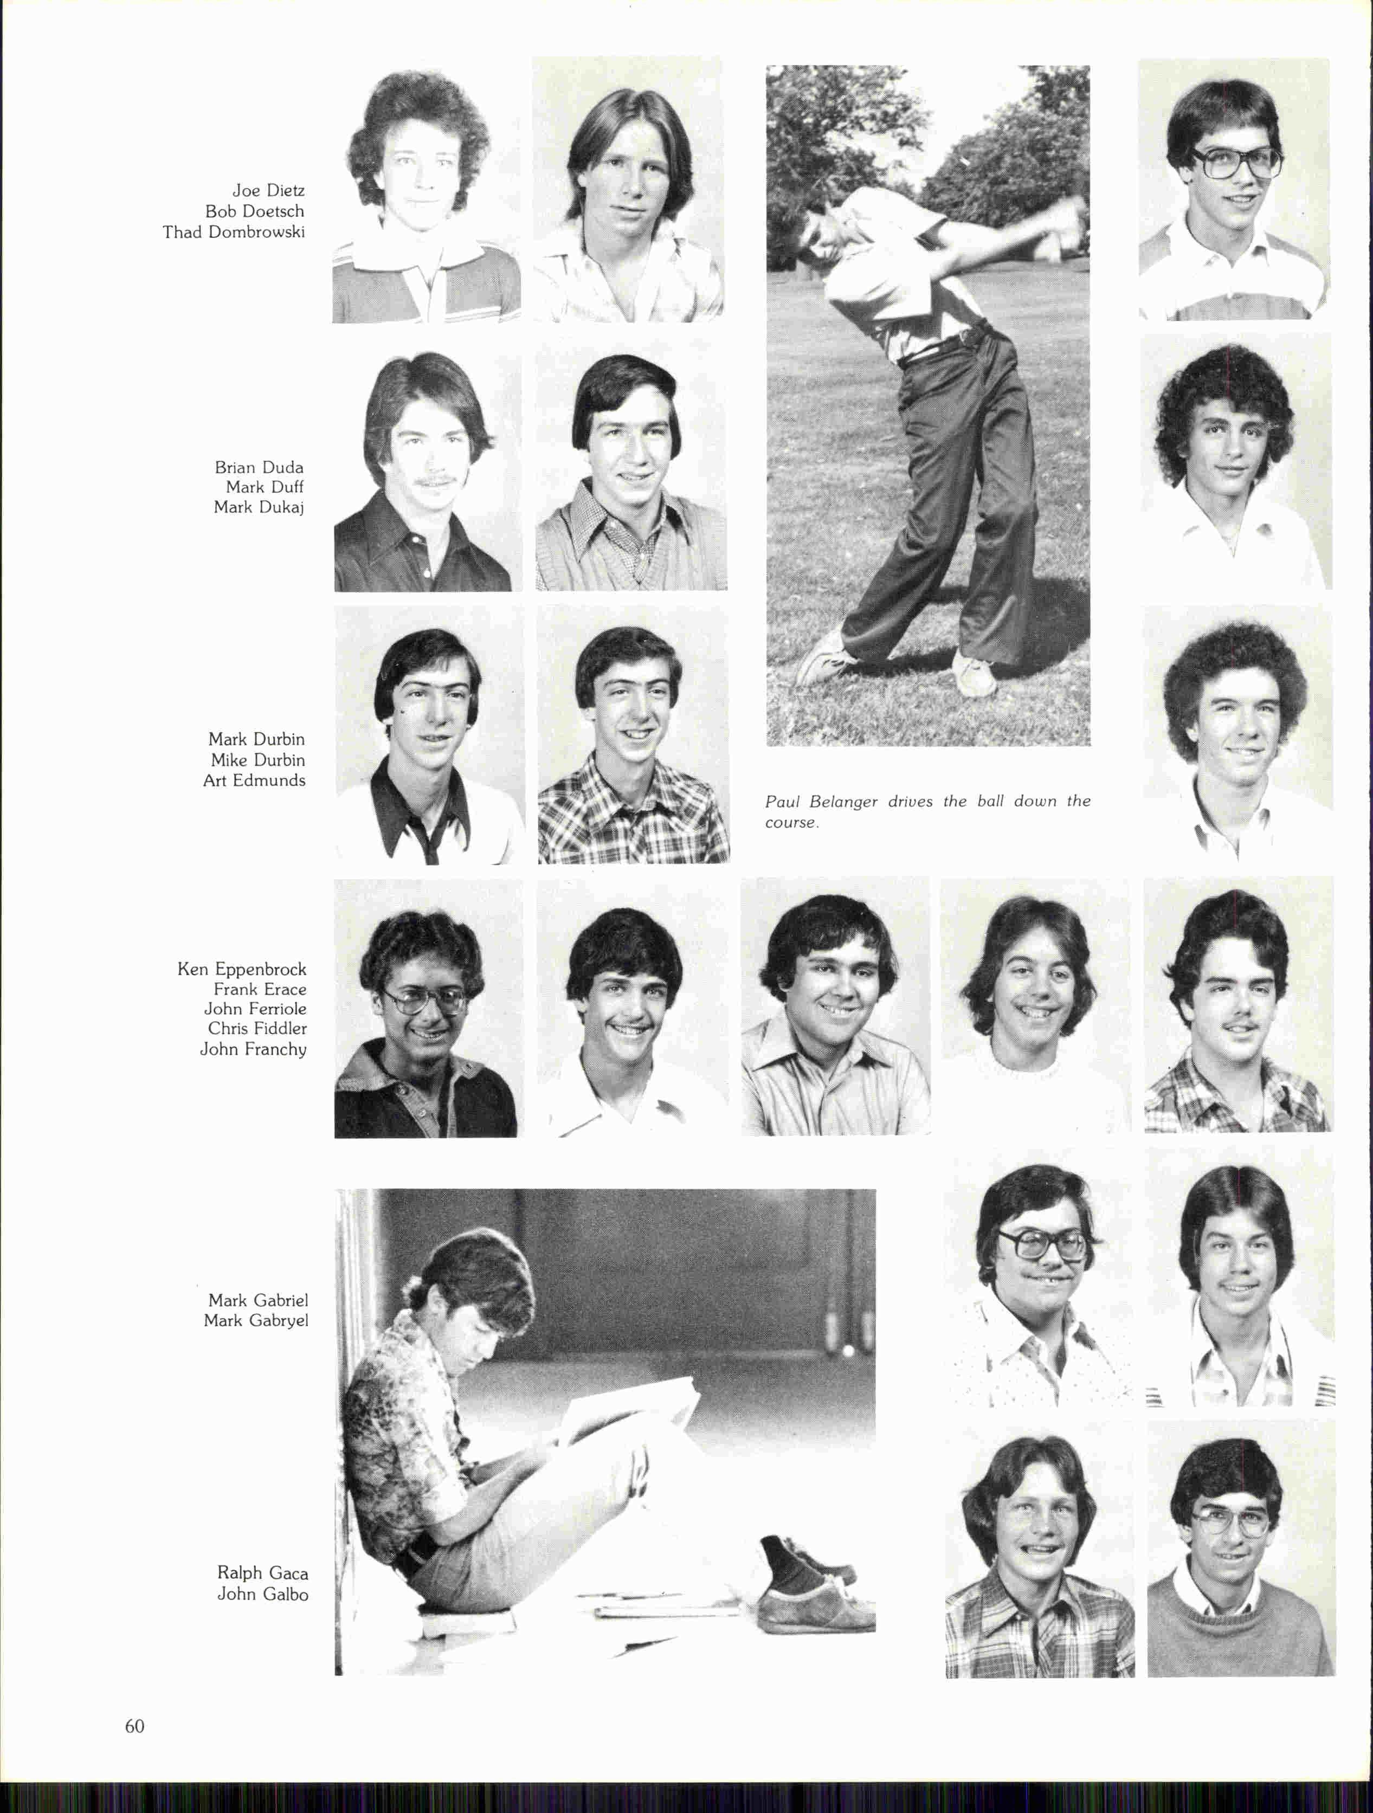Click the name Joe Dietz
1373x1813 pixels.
pyautogui.click(x=268, y=191)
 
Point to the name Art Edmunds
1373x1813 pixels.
pyautogui.click(x=254, y=780)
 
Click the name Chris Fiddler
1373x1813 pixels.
pyautogui.click(x=256, y=1029)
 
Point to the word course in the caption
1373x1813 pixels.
pyautogui.click(x=791, y=823)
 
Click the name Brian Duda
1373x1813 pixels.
pyautogui.click(x=259, y=468)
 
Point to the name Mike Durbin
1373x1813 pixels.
pyautogui.click(x=257, y=760)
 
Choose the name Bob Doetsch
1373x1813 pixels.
pyautogui.click(x=254, y=211)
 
